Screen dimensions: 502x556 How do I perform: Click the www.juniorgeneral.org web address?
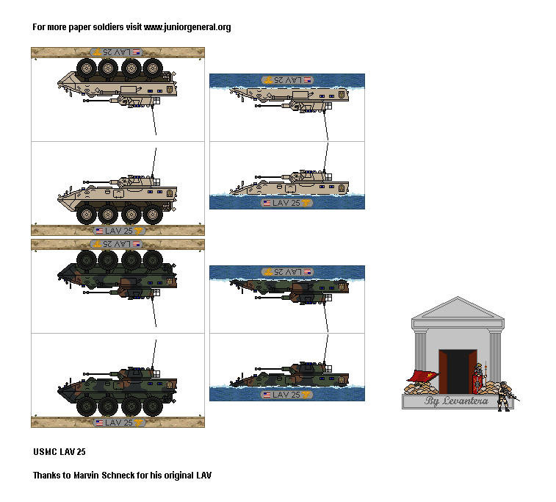pos(187,27)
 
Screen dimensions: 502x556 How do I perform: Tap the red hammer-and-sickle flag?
pos(421,378)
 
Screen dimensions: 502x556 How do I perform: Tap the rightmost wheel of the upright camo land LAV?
pos(154,406)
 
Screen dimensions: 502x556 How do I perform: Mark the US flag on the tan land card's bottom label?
pos(99,230)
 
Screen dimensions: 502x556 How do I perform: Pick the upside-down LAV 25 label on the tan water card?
pos(287,79)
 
